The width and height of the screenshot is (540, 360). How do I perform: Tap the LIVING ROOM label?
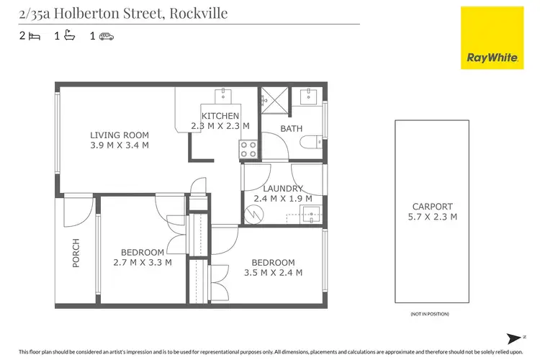click(x=119, y=135)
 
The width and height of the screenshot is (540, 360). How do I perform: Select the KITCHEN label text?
click(x=220, y=116)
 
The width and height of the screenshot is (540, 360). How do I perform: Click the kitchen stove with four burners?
click(x=249, y=148)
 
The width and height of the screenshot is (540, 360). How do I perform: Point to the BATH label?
click(x=292, y=129)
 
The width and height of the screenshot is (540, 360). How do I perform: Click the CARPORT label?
click(x=433, y=206)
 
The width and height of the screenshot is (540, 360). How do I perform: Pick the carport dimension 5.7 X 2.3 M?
click(x=433, y=216)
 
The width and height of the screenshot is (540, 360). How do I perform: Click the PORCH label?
click(x=76, y=253)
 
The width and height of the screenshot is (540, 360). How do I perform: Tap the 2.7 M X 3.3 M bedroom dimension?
click(x=142, y=262)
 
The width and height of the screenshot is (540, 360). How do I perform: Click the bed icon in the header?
click(x=35, y=35)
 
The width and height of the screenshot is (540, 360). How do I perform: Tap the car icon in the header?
click(x=107, y=35)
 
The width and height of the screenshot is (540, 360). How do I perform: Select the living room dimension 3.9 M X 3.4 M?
click(x=119, y=145)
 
